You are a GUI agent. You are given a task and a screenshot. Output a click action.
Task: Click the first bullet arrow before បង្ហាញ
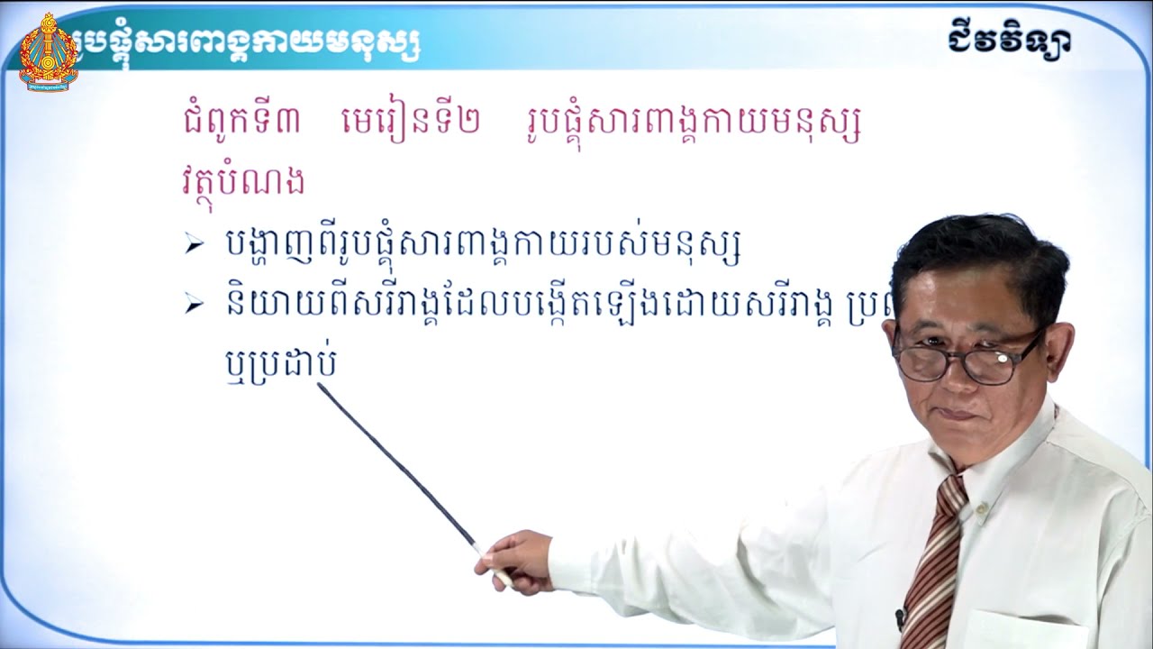(193, 245)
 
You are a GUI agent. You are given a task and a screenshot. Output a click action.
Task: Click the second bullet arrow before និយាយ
(193, 306)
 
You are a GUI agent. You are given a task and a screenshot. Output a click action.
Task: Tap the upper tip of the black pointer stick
(321, 386)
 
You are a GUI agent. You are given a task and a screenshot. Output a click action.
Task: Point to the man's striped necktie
(933, 559)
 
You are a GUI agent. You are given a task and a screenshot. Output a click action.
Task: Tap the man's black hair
(982, 257)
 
